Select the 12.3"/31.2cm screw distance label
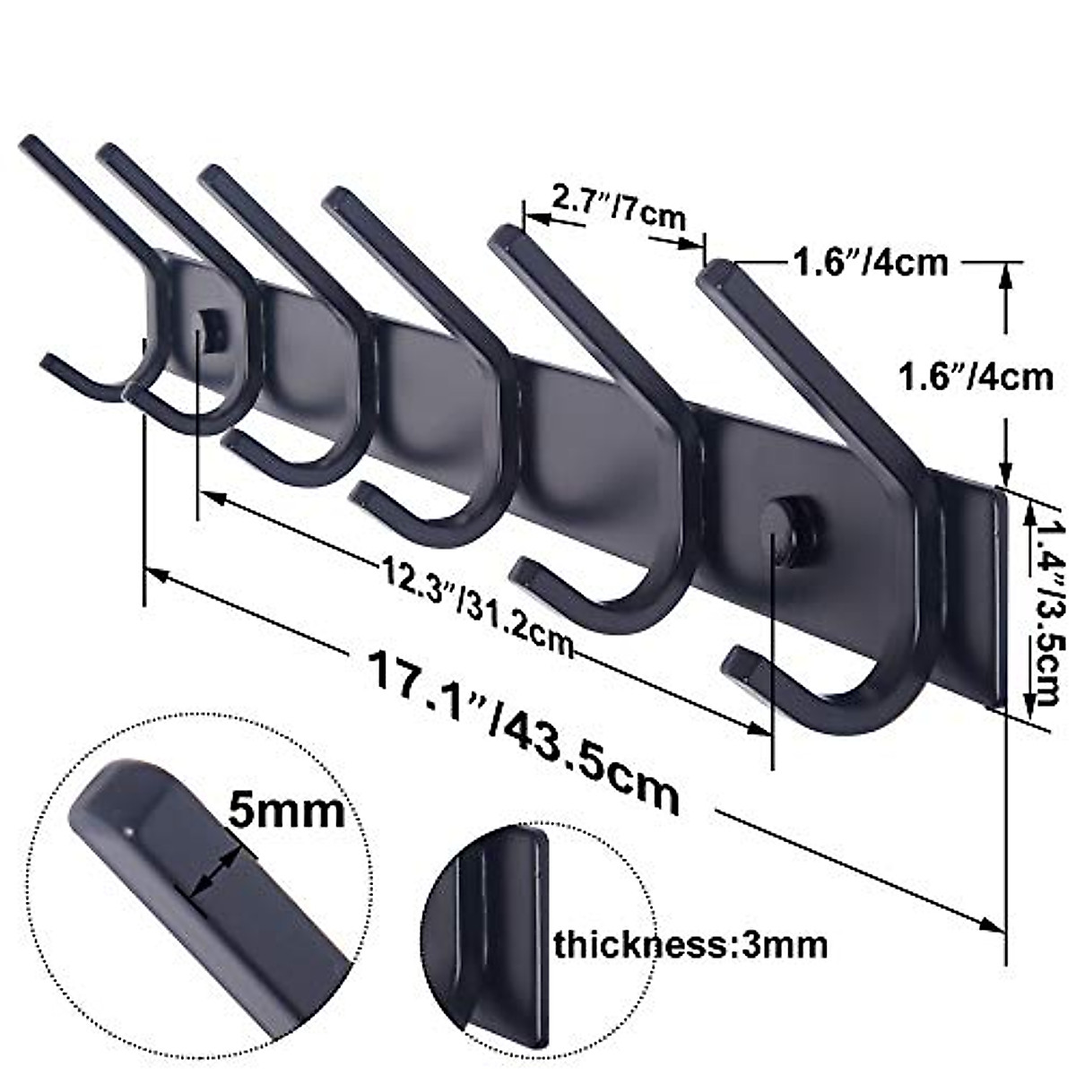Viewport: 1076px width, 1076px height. (x=475, y=594)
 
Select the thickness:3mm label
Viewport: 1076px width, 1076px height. (x=690, y=944)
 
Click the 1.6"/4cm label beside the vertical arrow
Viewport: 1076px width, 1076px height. (x=976, y=376)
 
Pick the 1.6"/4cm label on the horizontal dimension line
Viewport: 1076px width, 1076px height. (x=868, y=263)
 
